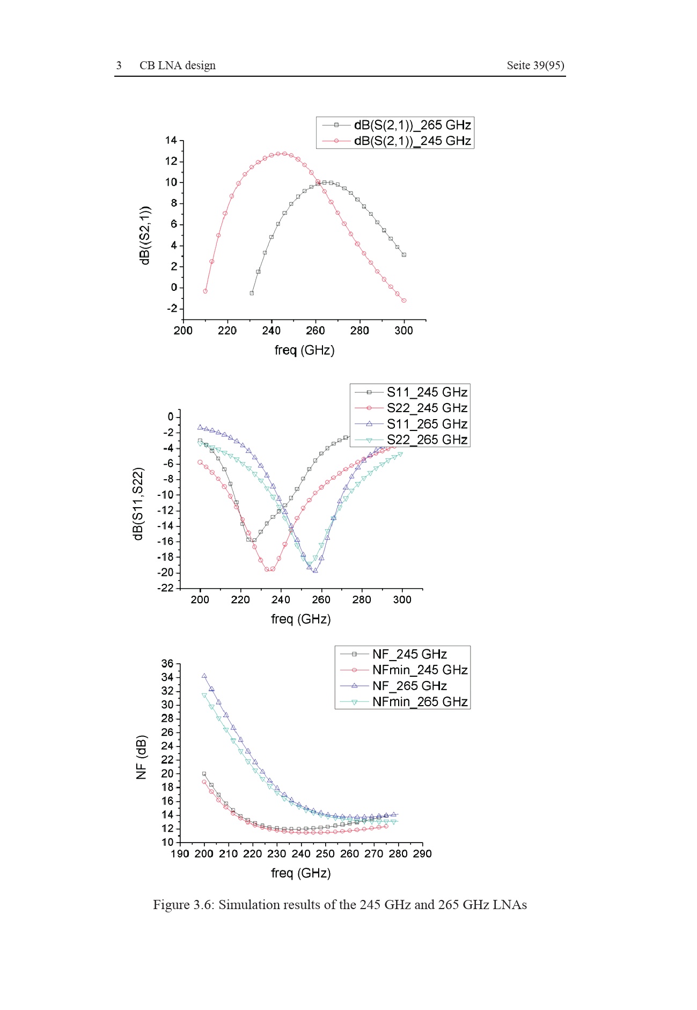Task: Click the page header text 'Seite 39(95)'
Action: coord(535,65)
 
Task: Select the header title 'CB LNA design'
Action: coord(178,65)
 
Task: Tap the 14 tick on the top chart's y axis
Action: coord(171,141)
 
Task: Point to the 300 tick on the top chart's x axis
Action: coord(403,331)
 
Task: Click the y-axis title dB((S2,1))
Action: coord(144,235)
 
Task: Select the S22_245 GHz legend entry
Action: coord(410,408)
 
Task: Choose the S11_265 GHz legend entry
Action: coord(410,424)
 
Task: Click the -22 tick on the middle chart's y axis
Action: coord(166,588)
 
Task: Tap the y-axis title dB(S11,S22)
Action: coord(138,503)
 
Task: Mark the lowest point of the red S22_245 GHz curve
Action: coord(267,569)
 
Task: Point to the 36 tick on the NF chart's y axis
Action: coord(167,664)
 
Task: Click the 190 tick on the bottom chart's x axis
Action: coord(180,854)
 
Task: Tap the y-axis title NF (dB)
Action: coord(141,757)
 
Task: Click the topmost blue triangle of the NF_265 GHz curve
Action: coord(204,676)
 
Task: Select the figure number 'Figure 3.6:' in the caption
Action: coord(184,905)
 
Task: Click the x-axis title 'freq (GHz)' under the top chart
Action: coord(304,350)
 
